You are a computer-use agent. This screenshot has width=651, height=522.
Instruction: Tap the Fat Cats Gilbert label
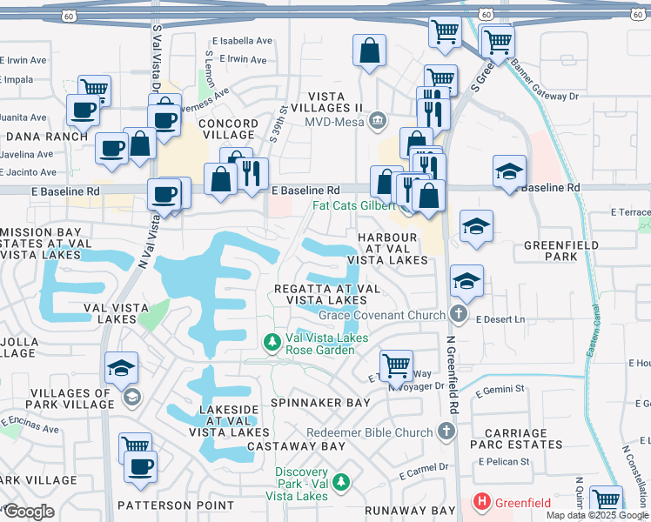click(352, 206)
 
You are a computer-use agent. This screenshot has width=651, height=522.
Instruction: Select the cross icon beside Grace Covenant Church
click(460, 314)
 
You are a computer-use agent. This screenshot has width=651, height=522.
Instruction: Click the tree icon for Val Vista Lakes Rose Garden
click(272, 344)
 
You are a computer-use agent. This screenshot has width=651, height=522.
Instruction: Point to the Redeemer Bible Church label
click(369, 432)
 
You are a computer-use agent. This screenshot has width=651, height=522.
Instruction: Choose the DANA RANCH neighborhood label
click(46, 136)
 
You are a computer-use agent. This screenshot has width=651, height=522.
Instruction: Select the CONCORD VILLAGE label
click(228, 130)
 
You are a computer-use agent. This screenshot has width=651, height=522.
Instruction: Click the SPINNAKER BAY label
click(308, 404)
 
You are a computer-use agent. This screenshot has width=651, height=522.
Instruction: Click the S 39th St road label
click(284, 123)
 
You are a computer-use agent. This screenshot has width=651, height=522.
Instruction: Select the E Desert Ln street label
click(501, 320)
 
